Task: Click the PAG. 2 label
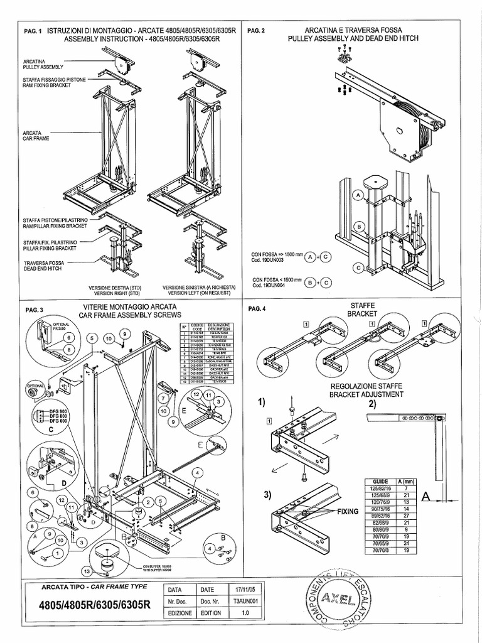pyautogui.click(x=257, y=31)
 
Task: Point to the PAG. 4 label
pyautogui.click(x=257, y=308)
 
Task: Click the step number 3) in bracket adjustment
pyautogui.click(x=268, y=495)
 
